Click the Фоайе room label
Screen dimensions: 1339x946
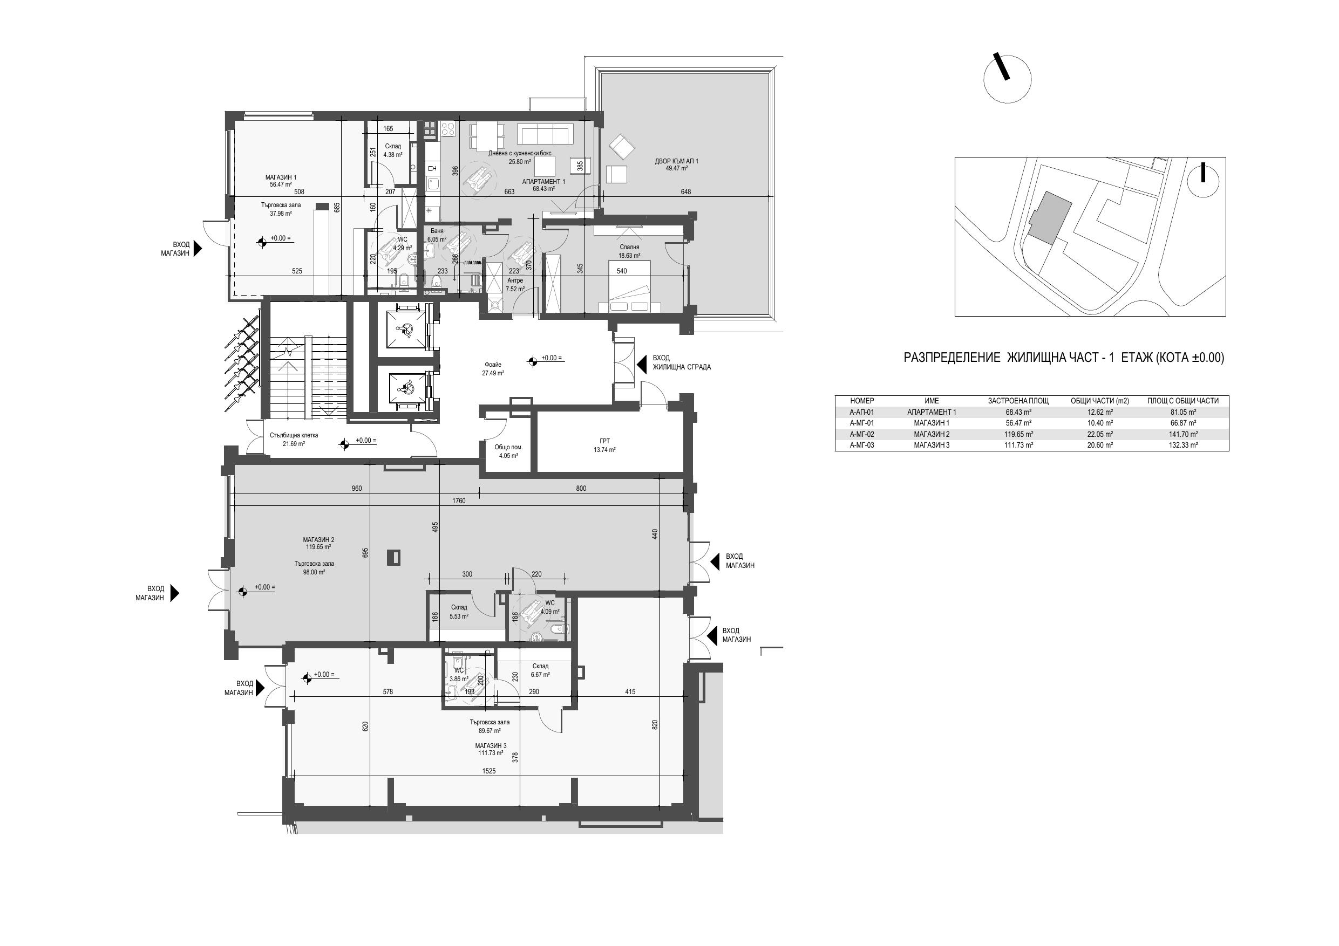click(493, 365)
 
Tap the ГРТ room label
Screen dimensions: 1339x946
click(605, 441)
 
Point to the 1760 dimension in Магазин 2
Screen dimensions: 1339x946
click(459, 501)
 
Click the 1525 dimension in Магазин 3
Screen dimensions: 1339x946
click(489, 771)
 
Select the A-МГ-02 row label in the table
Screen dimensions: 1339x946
click(862, 434)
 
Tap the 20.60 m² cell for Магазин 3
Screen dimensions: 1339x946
click(1100, 445)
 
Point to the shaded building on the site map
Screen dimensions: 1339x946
click(1050, 218)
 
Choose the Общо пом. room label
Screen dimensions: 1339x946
click(508, 448)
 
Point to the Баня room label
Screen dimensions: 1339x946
click(437, 231)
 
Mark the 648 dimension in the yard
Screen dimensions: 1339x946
click(686, 192)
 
